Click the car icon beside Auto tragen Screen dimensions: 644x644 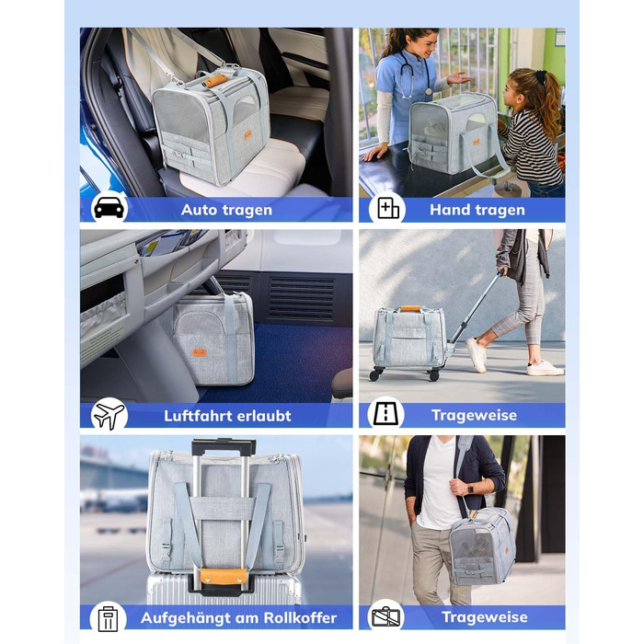tap(109, 208)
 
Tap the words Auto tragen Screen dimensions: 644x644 tap(226, 210)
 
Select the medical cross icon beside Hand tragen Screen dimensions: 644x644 tap(388, 209)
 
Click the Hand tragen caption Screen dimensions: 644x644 tap(476, 210)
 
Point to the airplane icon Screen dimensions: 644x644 tap(109, 415)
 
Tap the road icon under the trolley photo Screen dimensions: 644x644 tap(386, 414)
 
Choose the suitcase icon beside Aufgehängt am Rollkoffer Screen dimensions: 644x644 tap(108, 617)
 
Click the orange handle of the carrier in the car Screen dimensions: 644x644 tap(216, 80)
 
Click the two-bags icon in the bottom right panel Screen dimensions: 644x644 tap(386, 617)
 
